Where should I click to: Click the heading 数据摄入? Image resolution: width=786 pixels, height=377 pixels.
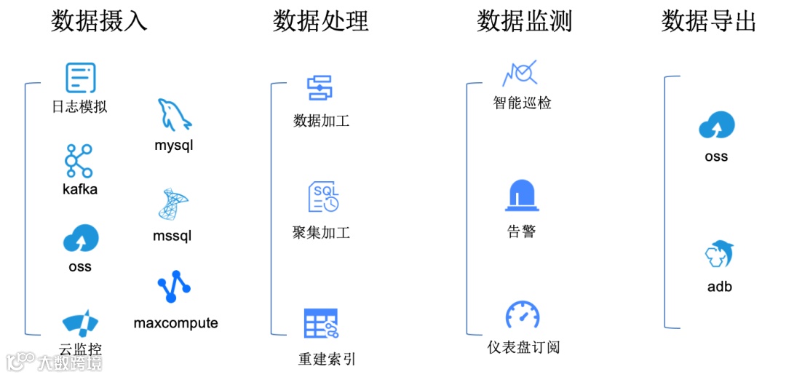click(x=99, y=22)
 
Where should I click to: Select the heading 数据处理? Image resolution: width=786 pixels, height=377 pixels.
click(x=321, y=22)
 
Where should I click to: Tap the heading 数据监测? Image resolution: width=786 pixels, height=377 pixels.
click(x=524, y=22)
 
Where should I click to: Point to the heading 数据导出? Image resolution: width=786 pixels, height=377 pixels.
click(x=708, y=22)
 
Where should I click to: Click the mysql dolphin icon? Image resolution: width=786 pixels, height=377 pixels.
click(x=174, y=115)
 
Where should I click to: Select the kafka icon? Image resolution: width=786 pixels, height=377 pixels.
click(x=79, y=161)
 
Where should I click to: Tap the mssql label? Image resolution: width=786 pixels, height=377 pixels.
click(x=172, y=236)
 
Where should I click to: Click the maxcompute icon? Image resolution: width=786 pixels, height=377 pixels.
click(x=174, y=287)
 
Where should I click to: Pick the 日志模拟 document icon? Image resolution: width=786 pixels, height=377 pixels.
click(x=80, y=78)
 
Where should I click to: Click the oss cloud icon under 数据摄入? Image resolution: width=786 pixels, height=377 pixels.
click(x=80, y=238)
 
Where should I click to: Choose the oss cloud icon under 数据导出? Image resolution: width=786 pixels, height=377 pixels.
click(x=716, y=126)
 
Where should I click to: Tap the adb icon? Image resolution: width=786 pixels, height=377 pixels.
click(x=719, y=255)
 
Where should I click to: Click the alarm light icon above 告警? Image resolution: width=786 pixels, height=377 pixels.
click(x=522, y=195)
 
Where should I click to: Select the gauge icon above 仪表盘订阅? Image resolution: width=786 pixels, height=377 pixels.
click(x=523, y=315)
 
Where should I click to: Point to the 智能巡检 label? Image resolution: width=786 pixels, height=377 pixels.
click(x=522, y=103)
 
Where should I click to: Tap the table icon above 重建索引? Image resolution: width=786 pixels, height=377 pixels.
click(x=321, y=323)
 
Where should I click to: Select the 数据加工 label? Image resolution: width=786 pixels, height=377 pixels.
click(x=321, y=120)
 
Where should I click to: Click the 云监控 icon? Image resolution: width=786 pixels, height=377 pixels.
click(x=80, y=323)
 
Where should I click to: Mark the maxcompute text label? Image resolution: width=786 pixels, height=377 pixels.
click(x=175, y=322)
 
